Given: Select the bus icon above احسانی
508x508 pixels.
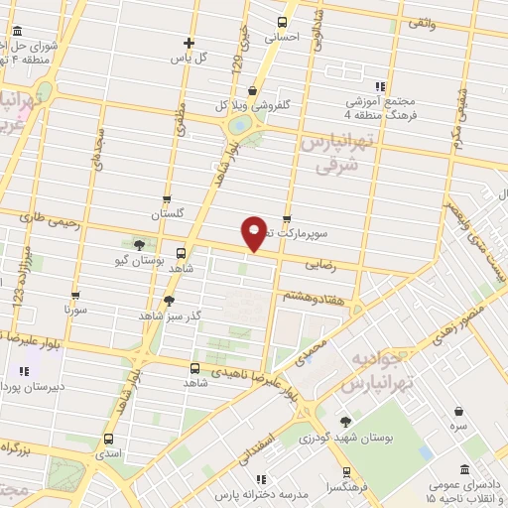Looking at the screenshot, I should coord(283,22).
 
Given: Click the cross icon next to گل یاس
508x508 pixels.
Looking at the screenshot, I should coord(189,43).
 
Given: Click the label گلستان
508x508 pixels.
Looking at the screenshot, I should coord(168,214).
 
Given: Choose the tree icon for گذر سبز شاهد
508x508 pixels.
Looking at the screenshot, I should coord(169,301).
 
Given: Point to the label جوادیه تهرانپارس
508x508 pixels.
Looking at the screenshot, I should coord(376,369).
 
